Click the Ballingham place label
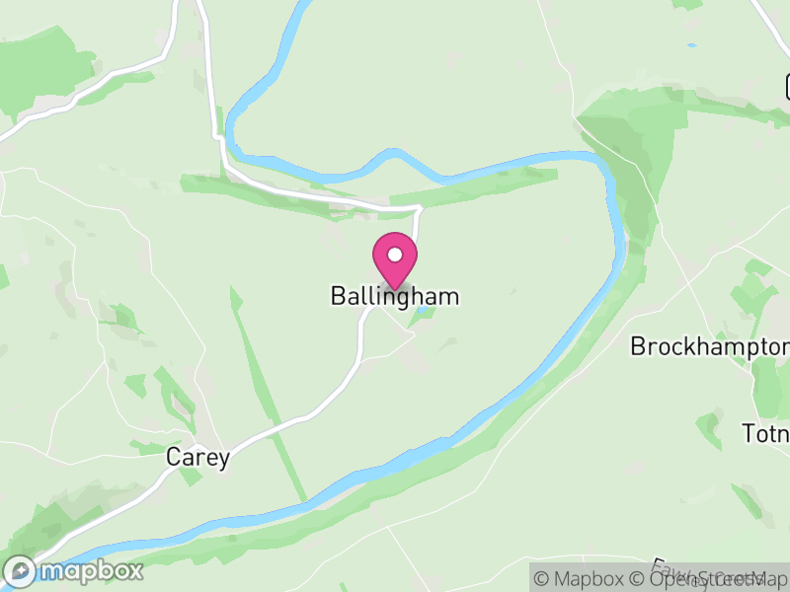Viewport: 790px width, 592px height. click(x=395, y=296)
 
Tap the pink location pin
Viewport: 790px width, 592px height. click(x=395, y=259)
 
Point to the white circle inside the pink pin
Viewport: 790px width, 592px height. click(x=395, y=255)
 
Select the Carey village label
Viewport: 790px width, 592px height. click(x=197, y=458)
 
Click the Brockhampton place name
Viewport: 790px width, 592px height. click(x=709, y=346)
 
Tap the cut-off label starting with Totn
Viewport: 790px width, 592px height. click(x=765, y=434)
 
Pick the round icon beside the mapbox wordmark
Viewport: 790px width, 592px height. click(x=20, y=570)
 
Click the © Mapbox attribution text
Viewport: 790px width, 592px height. click(x=577, y=579)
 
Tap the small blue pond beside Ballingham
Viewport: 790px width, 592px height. click(x=423, y=312)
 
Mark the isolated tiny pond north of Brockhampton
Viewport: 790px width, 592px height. click(x=691, y=45)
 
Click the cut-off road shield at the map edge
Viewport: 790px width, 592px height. click(x=787, y=87)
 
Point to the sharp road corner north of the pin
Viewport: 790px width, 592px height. click(x=421, y=207)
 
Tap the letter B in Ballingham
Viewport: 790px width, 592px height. click(x=338, y=296)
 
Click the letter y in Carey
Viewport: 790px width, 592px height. click(x=224, y=460)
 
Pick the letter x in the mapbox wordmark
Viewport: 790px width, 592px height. click(x=133, y=570)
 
